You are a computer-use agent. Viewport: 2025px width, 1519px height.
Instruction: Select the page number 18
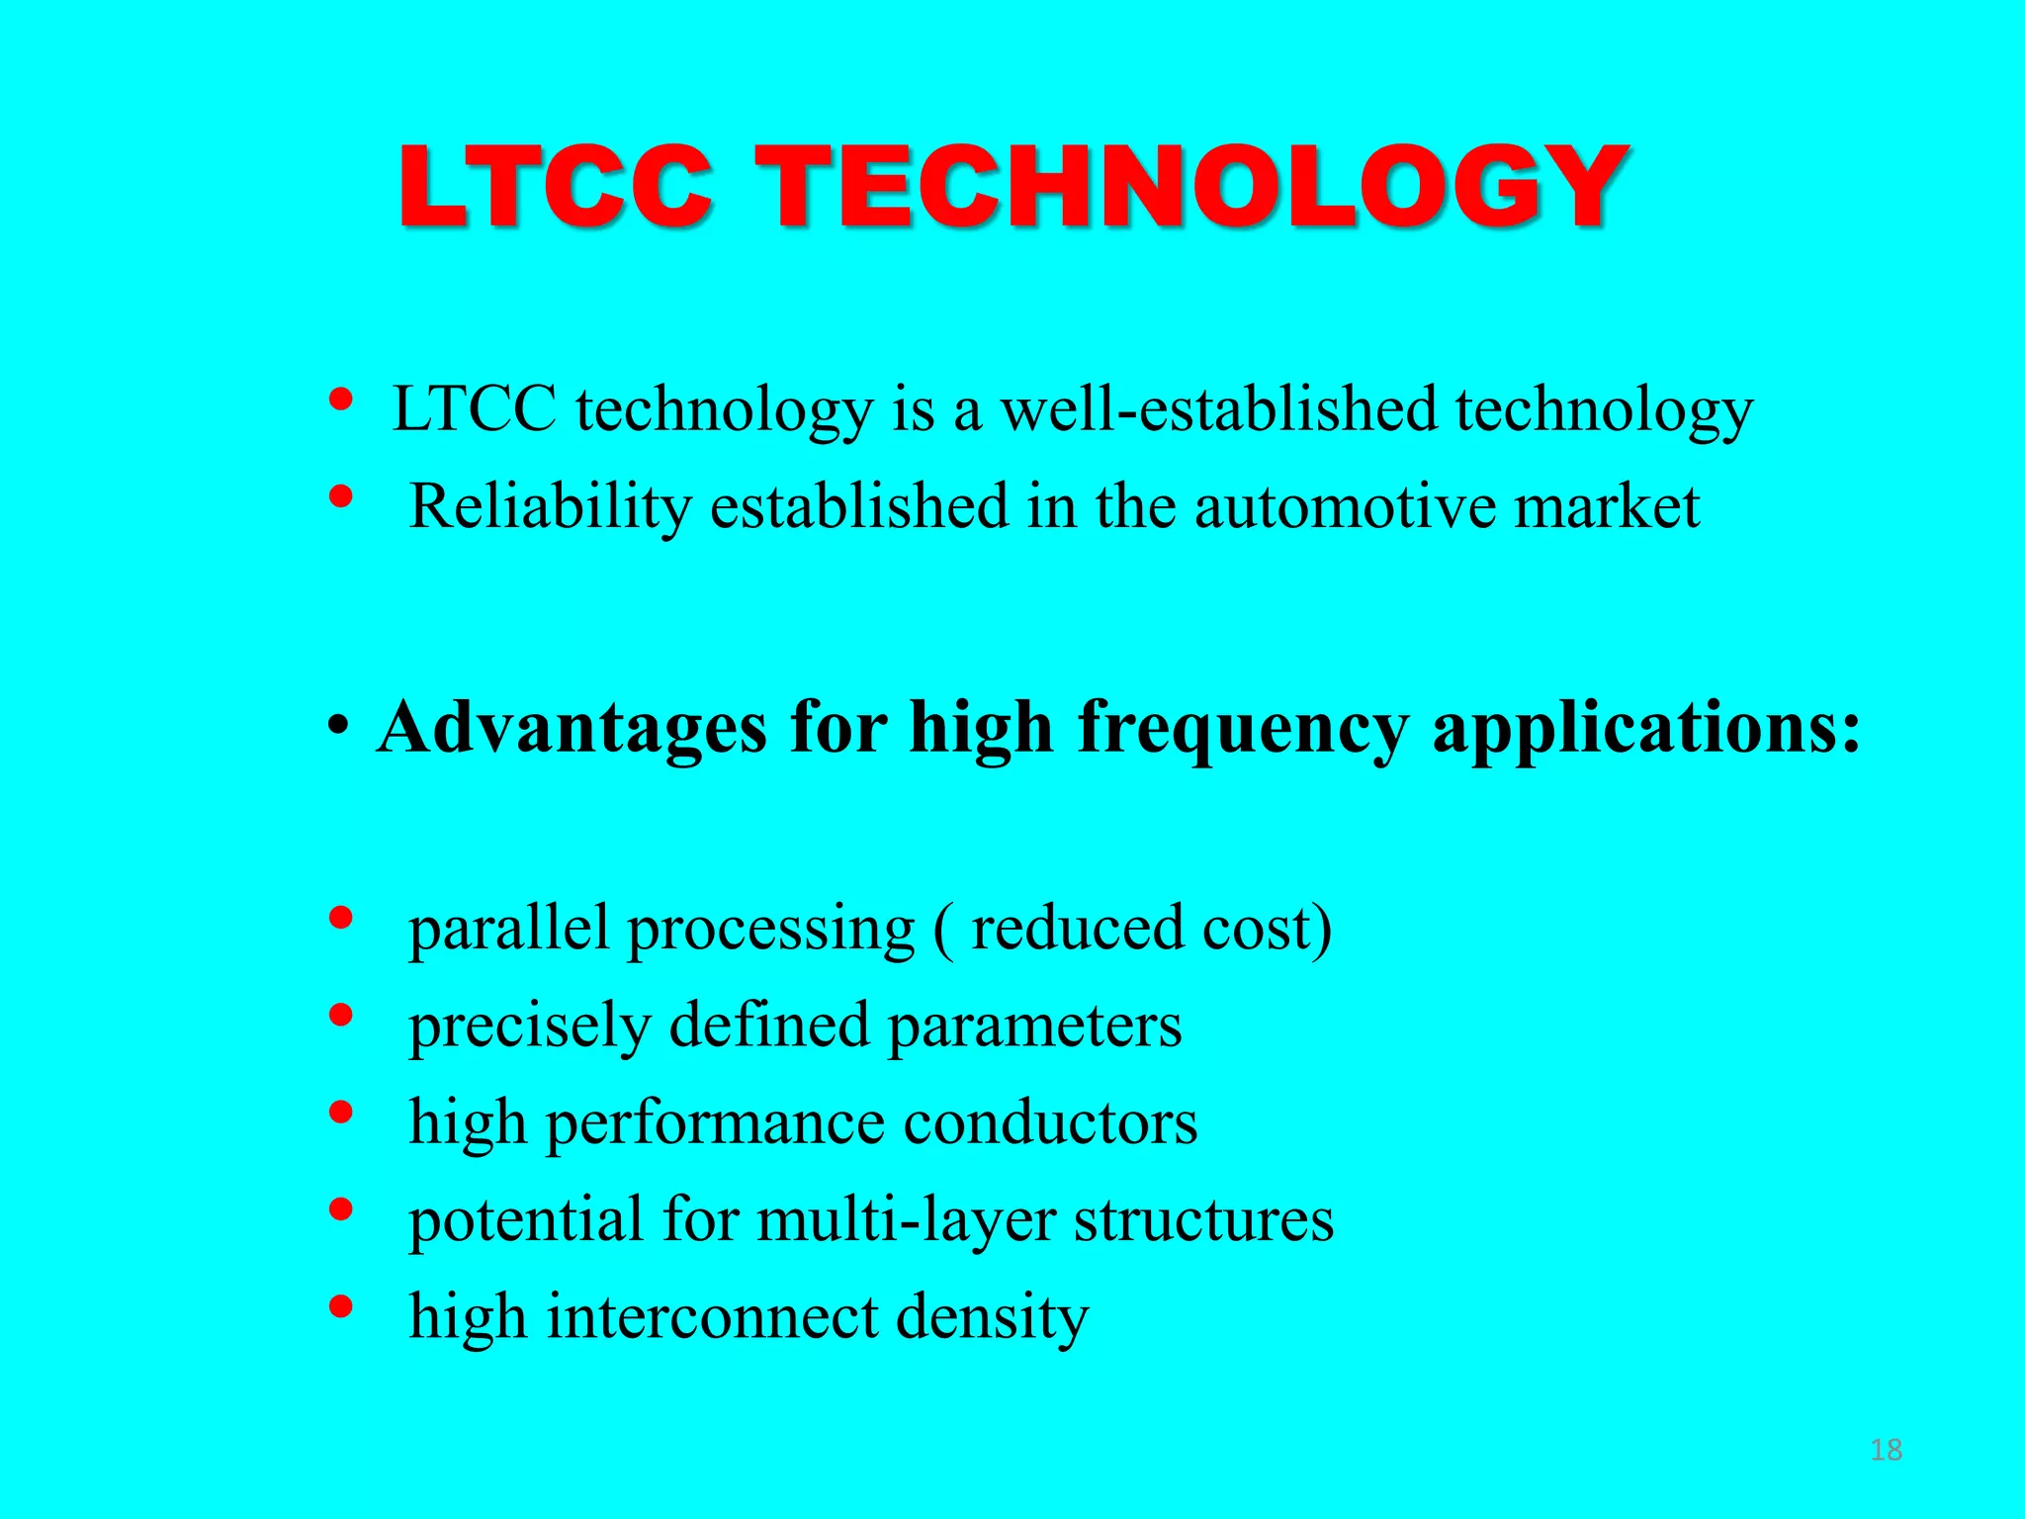(x=1886, y=1450)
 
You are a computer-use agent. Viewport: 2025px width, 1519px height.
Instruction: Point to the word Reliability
(x=550, y=507)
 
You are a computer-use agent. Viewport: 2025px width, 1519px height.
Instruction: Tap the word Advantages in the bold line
(x=572, y=730)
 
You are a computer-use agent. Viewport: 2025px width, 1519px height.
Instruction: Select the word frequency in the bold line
(x=1243, y=730)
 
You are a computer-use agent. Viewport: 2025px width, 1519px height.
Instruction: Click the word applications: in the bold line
(x=1646, y=730)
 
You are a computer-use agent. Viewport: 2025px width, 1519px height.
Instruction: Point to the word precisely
(x=529, y=1027)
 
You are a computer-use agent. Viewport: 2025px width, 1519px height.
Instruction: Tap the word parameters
(x=1034, y=1027)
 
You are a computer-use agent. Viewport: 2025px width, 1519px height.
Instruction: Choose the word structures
(x=1203, y=1220)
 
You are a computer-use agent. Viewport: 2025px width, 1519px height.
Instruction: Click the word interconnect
(x=713, y=1317)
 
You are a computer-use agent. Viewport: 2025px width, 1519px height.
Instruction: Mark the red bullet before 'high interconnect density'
(x=340, y=1307)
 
